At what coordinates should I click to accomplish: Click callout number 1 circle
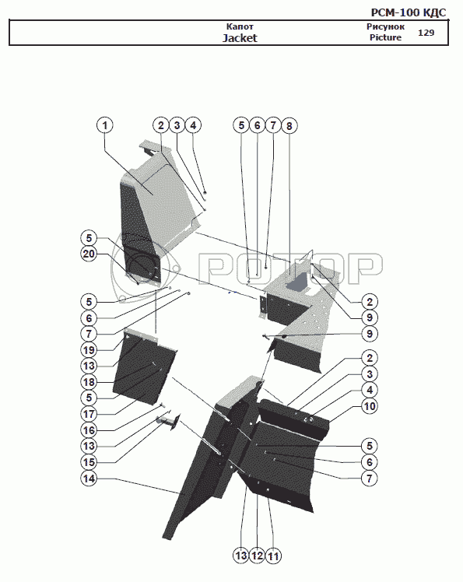tap(105, 125)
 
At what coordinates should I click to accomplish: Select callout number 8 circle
tap(289, 126)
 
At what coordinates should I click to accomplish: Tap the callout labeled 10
tap(370, 406)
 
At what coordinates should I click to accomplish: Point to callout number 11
tap(273, 556)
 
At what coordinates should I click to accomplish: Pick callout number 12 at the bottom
tap(257, 556)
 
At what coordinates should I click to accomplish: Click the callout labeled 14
tap(89, 479)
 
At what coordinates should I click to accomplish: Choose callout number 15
tap(89, 462)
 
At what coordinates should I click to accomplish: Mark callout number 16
tap(89, 430)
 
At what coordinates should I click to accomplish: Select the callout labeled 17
tap(89, 414)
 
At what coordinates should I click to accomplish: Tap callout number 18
tap(89, 382)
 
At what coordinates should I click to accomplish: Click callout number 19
tap(89, 349)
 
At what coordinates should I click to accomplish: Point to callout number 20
tap(89, 254)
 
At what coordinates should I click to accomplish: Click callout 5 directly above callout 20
tap(89, 238)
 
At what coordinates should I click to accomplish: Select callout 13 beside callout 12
tap(240, 556)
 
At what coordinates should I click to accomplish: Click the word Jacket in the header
tap(240, 38)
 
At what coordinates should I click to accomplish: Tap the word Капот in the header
tap(240, 26)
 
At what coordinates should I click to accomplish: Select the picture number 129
tap(426, 33)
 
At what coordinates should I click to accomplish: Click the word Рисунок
tap(385, 26)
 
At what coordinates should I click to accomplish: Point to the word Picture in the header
tap(385, 37)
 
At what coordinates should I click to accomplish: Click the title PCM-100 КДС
tap(409, 12)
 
